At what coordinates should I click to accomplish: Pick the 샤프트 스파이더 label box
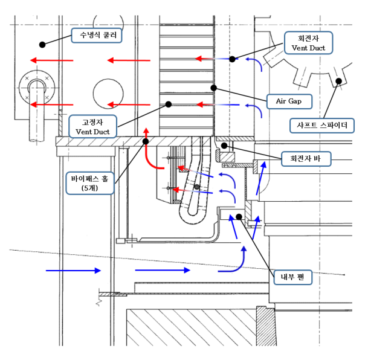click(x=321, y=126)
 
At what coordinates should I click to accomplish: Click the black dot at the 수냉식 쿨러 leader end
click(x=42, y=43)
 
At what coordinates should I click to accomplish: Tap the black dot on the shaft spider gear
click(x=340, y=80)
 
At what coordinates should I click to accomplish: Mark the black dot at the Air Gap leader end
click(x=213, y=88)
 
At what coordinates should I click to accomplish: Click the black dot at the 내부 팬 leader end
click(x=239, y=216)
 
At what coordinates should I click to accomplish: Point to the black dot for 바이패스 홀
click(x=146, y=141)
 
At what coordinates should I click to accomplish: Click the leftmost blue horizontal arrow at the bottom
click(x=73, y=271)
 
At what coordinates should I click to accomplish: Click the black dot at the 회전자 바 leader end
click(x=224, y=146)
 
